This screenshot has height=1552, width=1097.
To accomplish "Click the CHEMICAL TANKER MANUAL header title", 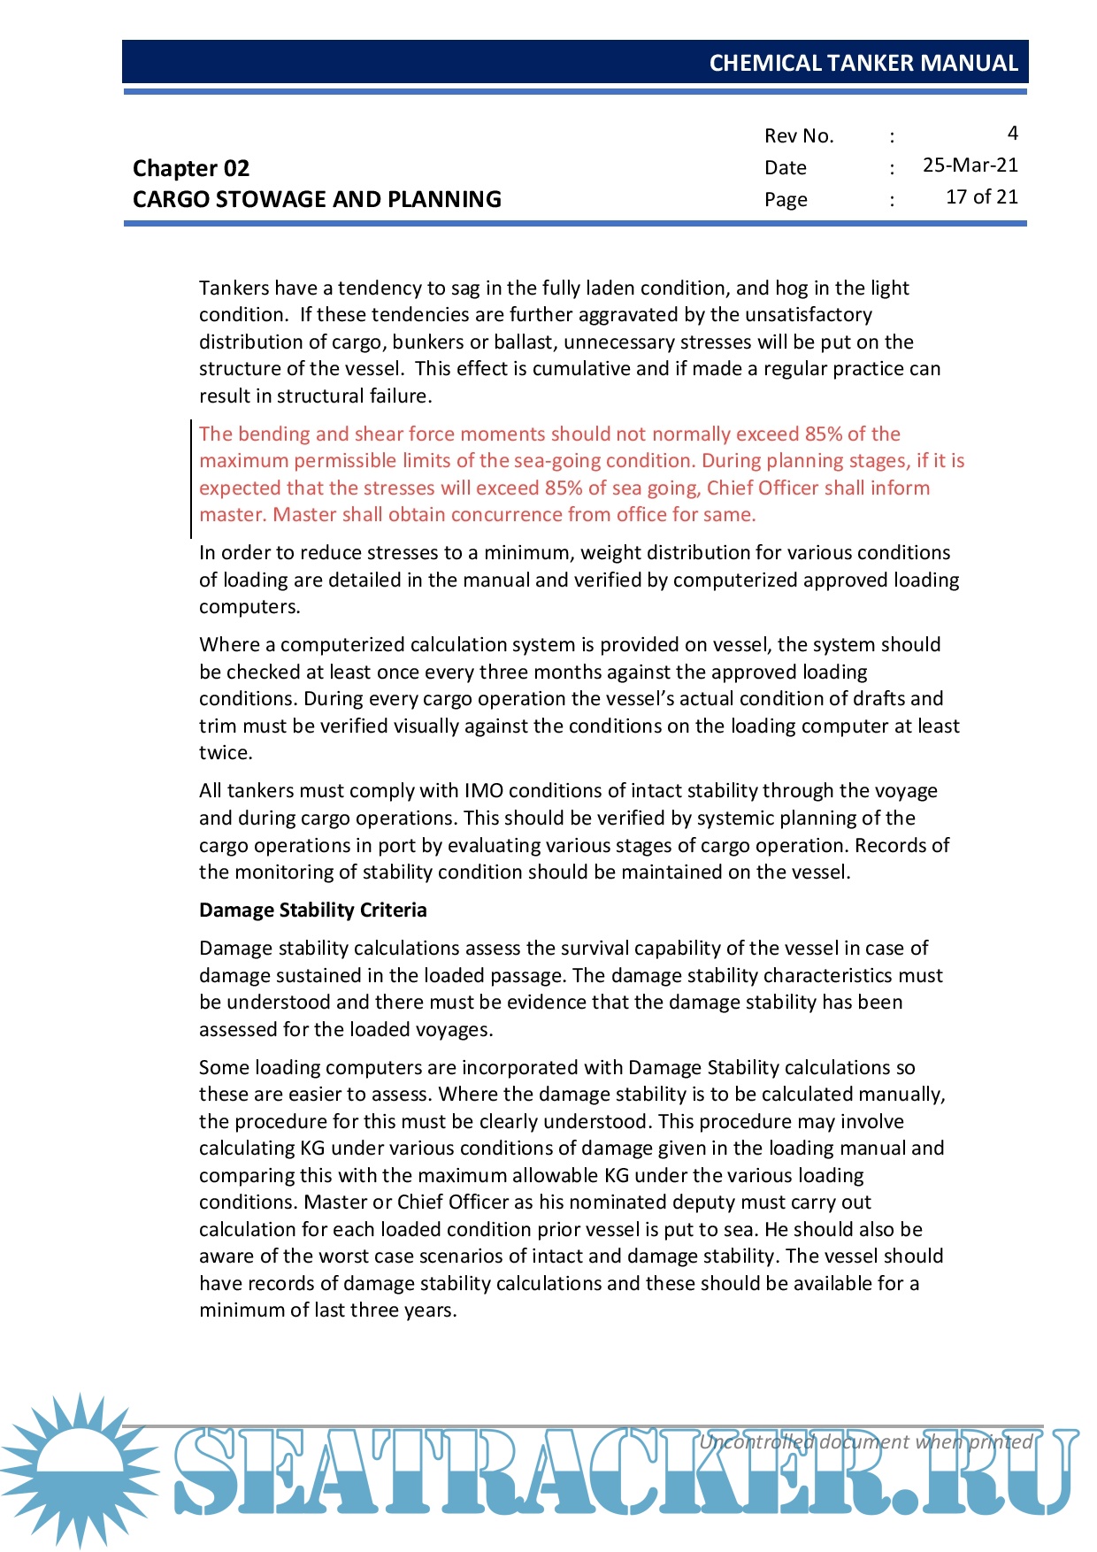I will [863, 63].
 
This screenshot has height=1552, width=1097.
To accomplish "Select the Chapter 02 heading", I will [191, 168].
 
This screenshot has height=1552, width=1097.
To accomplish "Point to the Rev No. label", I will [799, 135].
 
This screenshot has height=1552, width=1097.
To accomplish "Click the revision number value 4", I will [1012, 134].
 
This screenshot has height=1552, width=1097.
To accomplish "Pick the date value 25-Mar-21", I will [970, 165].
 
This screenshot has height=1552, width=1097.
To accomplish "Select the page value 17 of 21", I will [981, 197].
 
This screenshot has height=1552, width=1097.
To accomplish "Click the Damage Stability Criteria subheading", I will [312, 910].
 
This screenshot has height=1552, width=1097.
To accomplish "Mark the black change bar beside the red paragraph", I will [191, 479].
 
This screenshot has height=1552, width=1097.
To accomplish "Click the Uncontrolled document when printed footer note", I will [865, 1441].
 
